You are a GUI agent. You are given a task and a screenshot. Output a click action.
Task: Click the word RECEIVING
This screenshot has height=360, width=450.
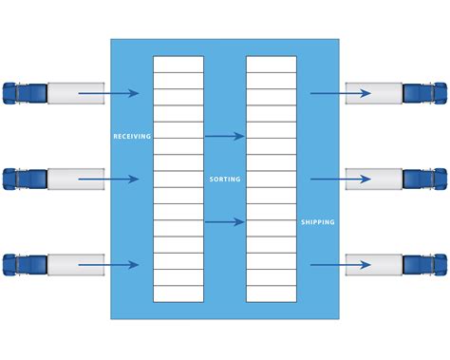point(132,137)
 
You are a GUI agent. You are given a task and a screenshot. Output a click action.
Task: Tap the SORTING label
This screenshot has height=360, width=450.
point(225,179)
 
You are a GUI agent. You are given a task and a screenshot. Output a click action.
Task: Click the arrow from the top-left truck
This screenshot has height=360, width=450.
point(108,93)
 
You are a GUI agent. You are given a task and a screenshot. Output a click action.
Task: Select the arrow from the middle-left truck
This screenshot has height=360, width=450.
point(108,179)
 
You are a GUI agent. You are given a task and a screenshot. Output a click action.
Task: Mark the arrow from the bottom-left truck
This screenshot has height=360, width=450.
point(108,264)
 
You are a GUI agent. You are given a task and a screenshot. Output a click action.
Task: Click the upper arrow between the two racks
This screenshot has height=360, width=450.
point(225,137)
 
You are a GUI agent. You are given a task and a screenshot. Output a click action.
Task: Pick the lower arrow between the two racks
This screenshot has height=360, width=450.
point(225,222)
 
